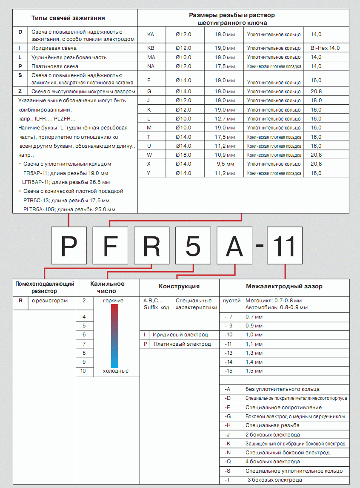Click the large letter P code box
pos(69,245)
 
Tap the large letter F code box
pos(110,245)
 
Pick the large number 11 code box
pos(285,245)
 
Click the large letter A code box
pos(235,245)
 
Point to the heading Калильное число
pos(107,287)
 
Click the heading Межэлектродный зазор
pos(284,287)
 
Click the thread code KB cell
pos(151,48)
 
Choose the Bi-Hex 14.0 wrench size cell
pos(325,48)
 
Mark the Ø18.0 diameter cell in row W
pos(183,155)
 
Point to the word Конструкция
pos(179,287)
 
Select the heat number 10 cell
pos(83,371)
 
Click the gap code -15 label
pos(229,371)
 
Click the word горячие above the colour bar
pos(114,301)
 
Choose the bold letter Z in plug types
pos(20,91)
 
